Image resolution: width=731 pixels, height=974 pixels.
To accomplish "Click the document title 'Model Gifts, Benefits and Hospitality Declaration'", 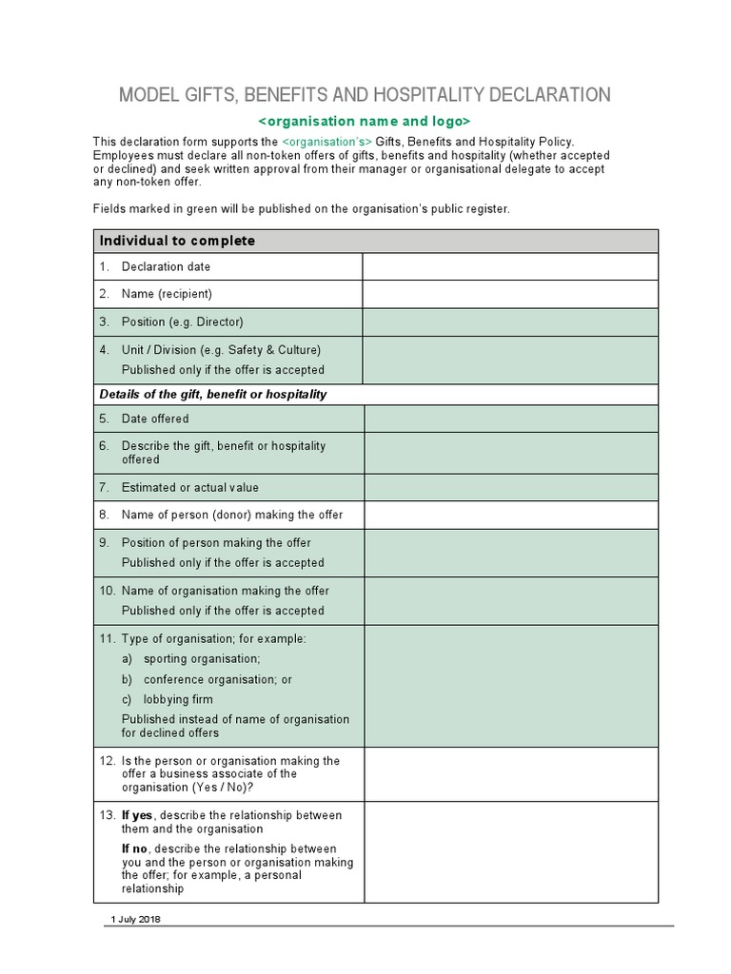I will point(364,94).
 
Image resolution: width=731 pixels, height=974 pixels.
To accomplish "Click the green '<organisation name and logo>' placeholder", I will point(365,122).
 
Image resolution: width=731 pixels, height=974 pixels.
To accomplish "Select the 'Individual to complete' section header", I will point(178,241).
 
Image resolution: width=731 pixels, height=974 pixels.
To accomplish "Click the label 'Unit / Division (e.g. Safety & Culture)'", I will point(221,349).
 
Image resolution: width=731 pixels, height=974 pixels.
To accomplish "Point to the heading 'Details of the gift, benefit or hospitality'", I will point(213,394).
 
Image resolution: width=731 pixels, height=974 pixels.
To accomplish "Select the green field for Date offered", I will point(510,419).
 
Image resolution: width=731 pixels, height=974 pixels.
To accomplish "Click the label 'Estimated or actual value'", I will point(189,487).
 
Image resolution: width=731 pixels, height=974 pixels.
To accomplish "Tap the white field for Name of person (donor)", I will point(510,515).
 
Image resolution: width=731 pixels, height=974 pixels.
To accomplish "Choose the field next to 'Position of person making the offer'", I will point(510,553).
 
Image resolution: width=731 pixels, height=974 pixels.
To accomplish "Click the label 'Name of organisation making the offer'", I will point(225,591).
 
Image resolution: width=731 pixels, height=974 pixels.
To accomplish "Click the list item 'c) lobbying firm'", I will point(168,699).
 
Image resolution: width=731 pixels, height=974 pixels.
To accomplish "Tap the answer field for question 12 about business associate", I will point(510,773).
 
